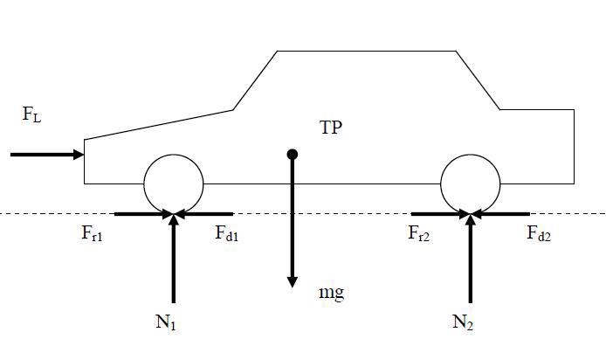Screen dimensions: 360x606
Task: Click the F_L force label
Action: click(31, 114)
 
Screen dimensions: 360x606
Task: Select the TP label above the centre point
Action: click(331, 128)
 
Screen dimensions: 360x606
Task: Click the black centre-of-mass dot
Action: click(293, 155)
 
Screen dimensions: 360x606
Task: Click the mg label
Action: click(331, 293)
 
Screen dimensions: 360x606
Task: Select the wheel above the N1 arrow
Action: click(174, 183)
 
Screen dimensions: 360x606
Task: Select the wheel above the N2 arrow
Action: click(471, 183)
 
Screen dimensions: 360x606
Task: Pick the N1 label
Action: click(166, 322)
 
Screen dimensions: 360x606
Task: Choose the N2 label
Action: click(463, 322)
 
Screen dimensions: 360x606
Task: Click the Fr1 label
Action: click(93, 234)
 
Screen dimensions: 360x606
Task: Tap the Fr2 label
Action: click(419, 234)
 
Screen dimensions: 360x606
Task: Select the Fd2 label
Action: click(539, 234)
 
